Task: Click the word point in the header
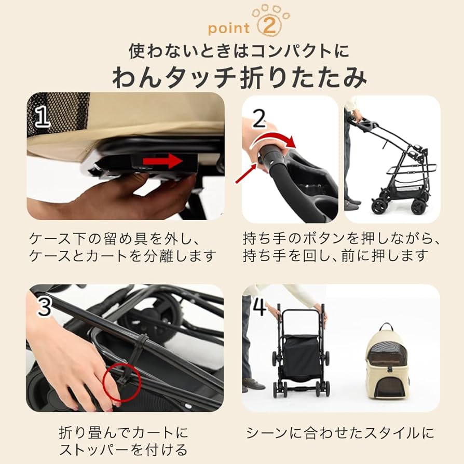tap(229, 28)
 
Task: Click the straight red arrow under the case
tap(162, 162)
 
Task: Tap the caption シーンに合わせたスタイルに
tap(339, 432)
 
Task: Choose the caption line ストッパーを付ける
tap(124, 449)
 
